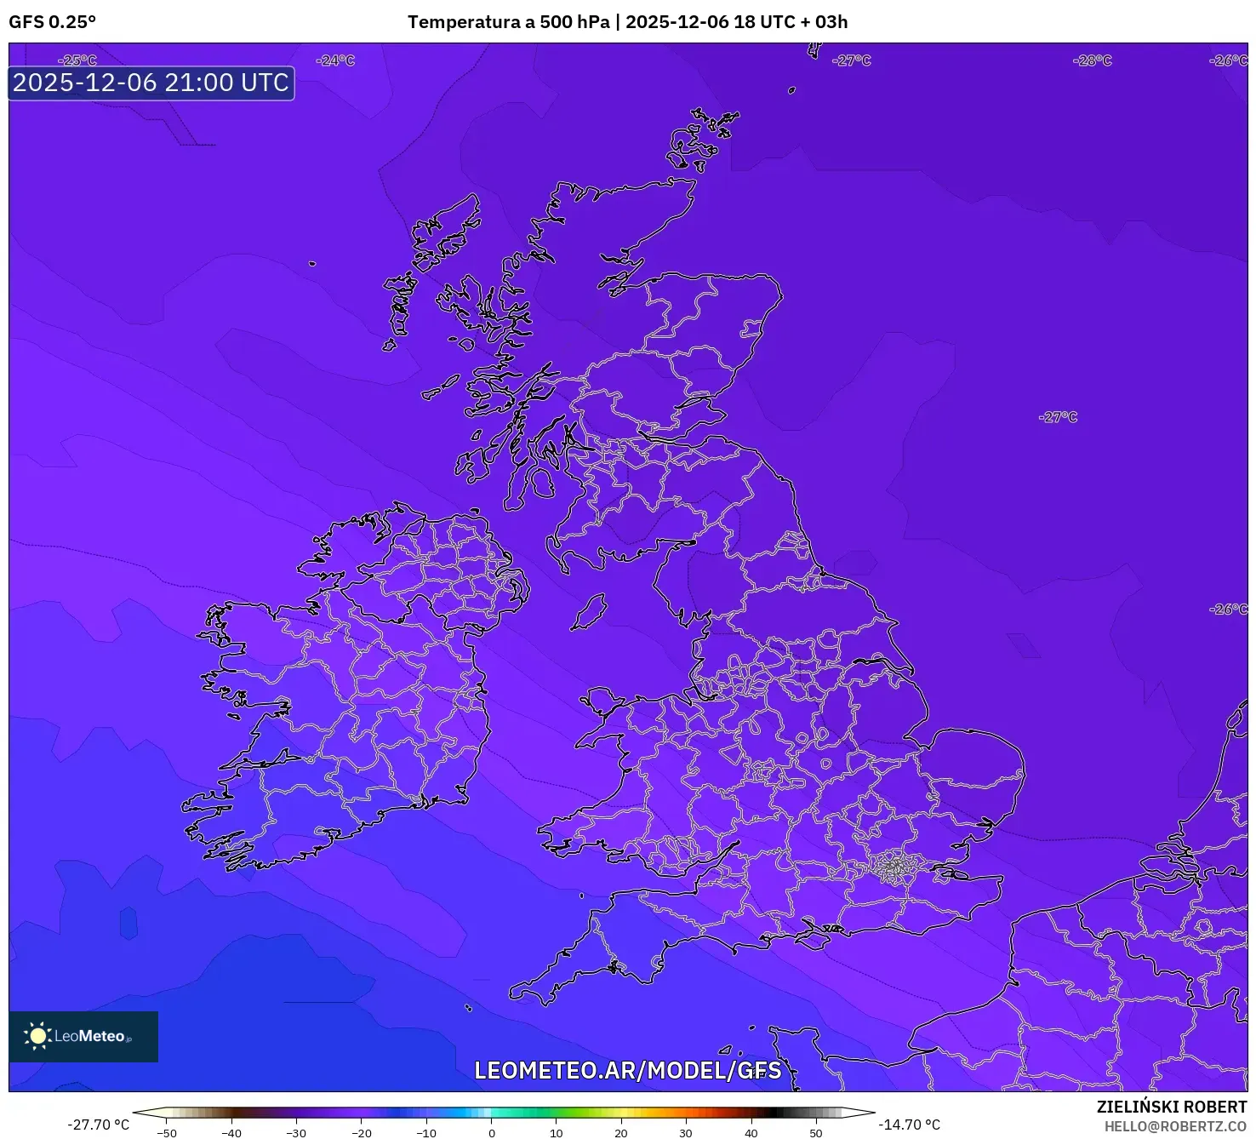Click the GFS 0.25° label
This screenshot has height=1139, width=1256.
pos(52,22)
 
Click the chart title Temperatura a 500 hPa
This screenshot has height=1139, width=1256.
pos(508,22)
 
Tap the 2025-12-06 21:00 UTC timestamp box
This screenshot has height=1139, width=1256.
pos(151,83)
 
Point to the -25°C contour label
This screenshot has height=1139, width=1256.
pos(77,60)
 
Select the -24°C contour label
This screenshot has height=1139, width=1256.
pos(334,60)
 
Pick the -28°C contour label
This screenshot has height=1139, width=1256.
pos(1093,60)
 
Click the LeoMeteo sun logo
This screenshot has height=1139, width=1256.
pos(37,1036)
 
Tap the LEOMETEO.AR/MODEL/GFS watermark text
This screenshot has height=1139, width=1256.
pos(627,1070)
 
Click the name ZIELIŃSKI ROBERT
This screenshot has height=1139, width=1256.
pos(1171,1107)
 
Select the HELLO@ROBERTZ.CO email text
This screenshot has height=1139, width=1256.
pos(1175,1126)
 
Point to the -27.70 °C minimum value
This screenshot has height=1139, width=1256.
pos(99,1125)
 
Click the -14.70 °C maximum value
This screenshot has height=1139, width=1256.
pos(910,1125)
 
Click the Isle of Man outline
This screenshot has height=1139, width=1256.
pos(589,611)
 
